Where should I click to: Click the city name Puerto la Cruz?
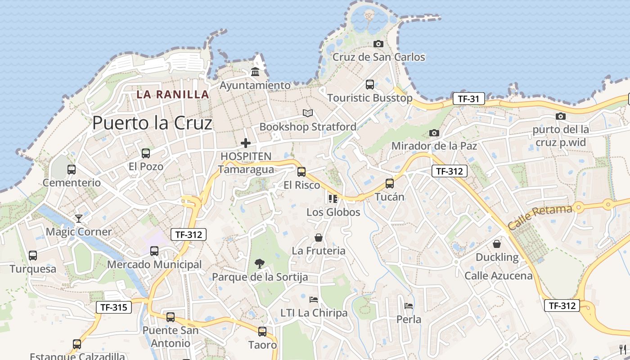click(x=152, y=123)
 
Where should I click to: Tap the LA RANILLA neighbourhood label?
click(x=173, y=94)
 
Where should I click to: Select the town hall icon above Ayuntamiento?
click(x=255, y=72)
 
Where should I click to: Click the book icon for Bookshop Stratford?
click(x=307, y=113)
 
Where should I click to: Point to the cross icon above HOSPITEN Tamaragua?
click(x=246, y=143)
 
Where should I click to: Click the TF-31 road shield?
click(x=468, y=99)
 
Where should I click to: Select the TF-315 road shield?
click(x=114, y=307)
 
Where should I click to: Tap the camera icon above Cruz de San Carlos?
click(x=378, y=44)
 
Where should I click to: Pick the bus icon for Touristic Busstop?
click(x=370, y=84)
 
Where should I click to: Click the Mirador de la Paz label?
click(x=434, y=146)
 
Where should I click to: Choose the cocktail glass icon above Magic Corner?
click(x=79, y=218)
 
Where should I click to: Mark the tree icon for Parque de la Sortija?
click(x=260, y=263)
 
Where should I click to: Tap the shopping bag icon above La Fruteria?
click(x=319, y=237)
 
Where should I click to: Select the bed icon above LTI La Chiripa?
click(x=314, y=299)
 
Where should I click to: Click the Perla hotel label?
click(x=409, y=319)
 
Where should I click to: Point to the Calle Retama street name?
click(x=540, y=216)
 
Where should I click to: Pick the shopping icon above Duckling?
click(x=497, y=244)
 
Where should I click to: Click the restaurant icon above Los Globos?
click(x=333, y=198)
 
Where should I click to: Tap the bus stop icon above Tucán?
click(x=390, y=184)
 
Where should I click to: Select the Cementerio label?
click(x=72, y=183)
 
